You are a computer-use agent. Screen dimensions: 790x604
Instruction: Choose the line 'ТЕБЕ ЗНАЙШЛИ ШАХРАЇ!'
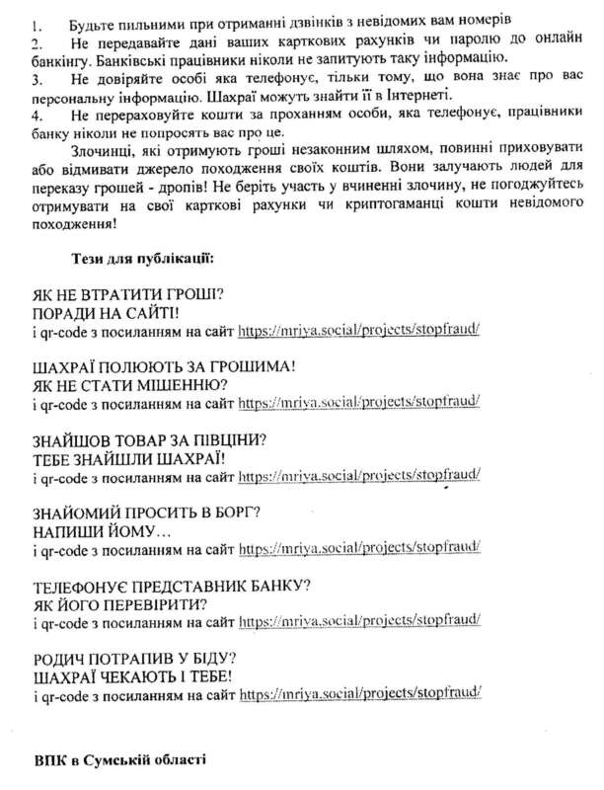point(129,457)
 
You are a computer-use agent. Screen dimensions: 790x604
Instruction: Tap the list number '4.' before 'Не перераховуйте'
point(38,116)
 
